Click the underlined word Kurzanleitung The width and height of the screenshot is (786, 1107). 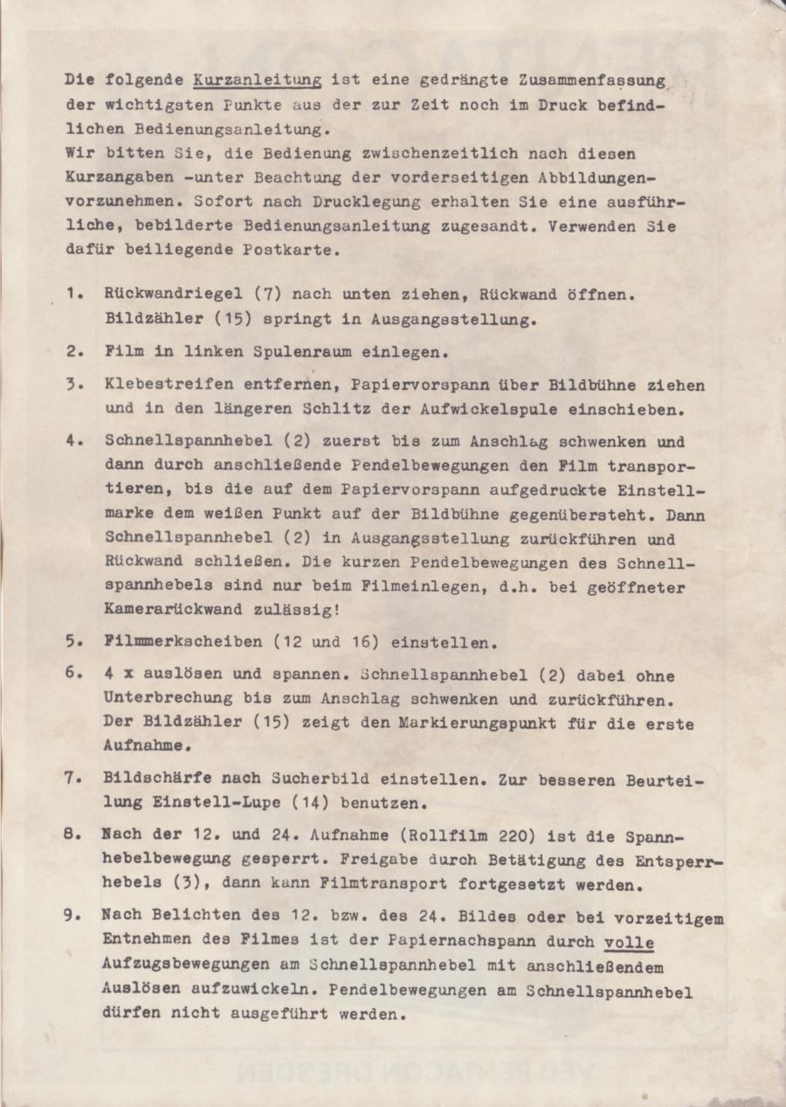point(258,80)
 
